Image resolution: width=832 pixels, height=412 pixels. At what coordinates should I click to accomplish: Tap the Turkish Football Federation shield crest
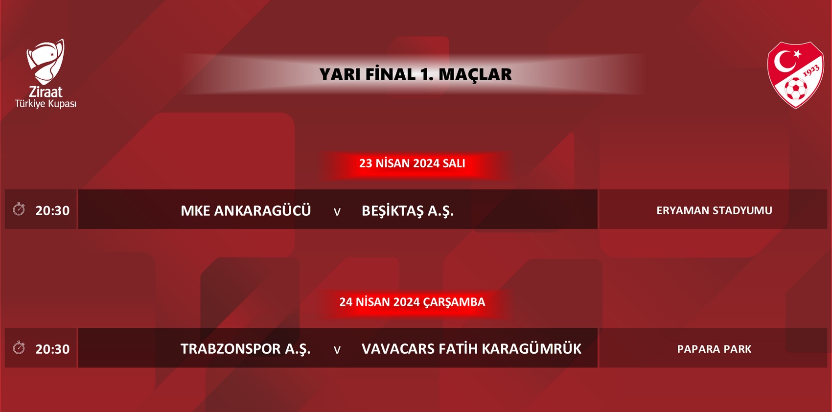click(795, 75)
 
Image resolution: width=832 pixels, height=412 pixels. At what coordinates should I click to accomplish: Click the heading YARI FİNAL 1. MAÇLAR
click(415, 74)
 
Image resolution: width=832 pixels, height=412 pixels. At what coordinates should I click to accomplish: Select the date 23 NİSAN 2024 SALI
click(412, 163)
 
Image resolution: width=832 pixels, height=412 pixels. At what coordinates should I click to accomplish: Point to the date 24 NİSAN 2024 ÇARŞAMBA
click(412, 302)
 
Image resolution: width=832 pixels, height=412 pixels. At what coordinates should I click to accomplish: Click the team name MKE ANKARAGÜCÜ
click(246, 210)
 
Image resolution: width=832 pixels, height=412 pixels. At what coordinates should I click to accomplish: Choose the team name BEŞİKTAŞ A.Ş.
click(408, 211)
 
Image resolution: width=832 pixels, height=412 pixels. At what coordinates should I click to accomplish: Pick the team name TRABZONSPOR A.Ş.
click(245, 349)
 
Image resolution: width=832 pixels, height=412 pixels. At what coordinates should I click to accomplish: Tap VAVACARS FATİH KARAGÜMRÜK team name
click(471, 349)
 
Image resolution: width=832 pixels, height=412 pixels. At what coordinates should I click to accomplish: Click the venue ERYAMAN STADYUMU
click(714, 210)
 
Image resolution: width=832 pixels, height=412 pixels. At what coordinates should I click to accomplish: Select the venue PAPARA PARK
click(714, 349)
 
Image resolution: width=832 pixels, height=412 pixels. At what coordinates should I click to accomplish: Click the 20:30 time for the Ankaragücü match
click(52, 210)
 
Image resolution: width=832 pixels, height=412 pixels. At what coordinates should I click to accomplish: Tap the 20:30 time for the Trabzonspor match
click(52, 349)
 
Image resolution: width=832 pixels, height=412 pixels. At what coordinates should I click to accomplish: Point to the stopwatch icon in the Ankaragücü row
click(19, 209)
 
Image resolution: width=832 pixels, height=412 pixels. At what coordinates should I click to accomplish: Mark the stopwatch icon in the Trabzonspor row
click(19, 348)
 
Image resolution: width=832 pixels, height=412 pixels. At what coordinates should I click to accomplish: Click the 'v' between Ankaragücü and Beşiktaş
click(337, 212)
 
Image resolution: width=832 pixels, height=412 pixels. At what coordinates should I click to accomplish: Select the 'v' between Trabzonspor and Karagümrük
click(337, 350)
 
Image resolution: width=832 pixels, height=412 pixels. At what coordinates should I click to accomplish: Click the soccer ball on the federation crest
click(795, 89)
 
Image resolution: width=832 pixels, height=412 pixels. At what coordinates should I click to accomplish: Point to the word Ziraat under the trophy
click(46, 92)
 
